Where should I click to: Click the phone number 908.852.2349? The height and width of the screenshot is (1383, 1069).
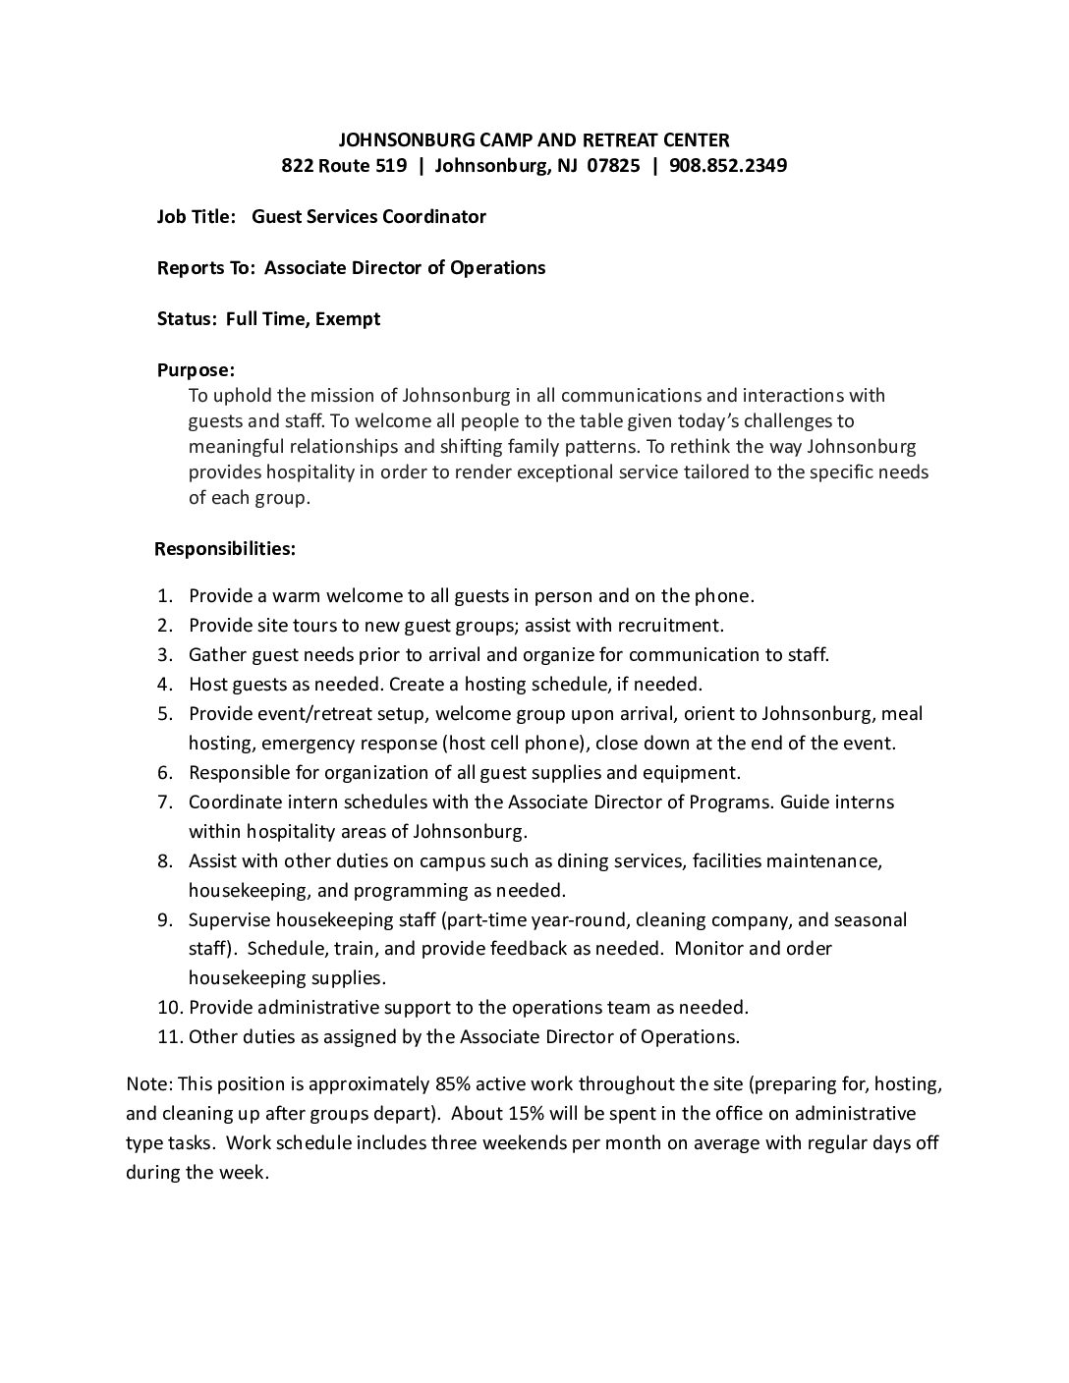[x=727, y=165]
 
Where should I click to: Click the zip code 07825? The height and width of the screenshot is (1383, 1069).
[x=614, y=165]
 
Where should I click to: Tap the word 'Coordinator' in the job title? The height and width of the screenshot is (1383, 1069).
[x=438, y=216]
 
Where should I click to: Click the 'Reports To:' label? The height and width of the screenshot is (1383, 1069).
[x=206, y=267]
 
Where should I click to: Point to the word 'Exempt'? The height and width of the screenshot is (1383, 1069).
[x=348, y=318]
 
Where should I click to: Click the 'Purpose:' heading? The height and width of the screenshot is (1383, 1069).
[x=197, y=370]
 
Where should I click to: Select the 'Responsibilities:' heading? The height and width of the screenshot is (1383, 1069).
[x=225, y=548]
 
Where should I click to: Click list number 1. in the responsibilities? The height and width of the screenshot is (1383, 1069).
[x=166, y=595]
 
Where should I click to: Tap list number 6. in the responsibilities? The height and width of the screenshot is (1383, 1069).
[x=166, y=772]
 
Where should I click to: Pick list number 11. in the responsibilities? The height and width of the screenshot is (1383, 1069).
[x=169, y=1036]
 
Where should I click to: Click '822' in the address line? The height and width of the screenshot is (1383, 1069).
[x=297, y=165]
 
